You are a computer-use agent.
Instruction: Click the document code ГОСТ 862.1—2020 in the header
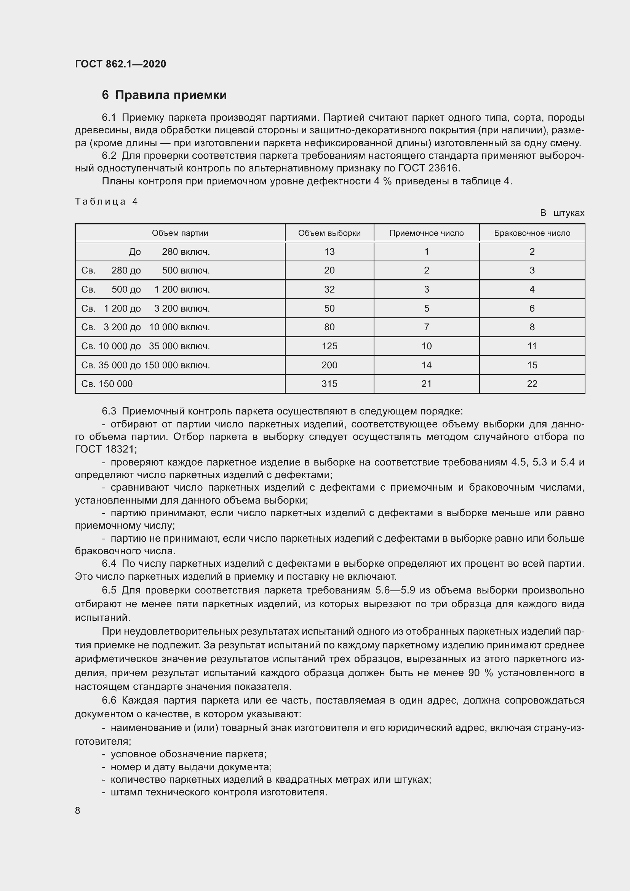click(120, 64)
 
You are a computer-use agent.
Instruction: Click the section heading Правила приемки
click(171, 95)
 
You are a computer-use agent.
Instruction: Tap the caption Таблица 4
click(106, 202)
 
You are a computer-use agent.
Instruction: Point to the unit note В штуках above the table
click(562, 213)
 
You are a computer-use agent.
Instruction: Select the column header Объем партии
click(180, 233)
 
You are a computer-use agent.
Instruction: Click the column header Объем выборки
click(329, 233)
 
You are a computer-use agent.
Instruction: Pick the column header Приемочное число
click(426, 233)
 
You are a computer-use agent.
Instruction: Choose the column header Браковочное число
click(532, 233)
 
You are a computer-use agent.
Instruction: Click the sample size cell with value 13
click(329, 252)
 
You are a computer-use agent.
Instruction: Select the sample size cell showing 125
click(329, 346)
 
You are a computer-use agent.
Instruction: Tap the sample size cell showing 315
click(329, 384)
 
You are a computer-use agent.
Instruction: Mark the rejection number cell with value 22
click(532, 384)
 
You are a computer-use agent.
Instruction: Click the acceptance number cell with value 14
click(426, 365)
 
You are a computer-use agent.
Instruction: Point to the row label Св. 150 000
click(107, 384)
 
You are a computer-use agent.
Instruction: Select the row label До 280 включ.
click(169, 252)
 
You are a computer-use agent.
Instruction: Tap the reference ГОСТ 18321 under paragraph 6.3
click(105, 449)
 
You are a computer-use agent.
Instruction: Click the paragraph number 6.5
click(109, 590)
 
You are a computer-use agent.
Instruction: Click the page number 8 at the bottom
click(78, 810)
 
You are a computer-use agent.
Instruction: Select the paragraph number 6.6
click(109, 701)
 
